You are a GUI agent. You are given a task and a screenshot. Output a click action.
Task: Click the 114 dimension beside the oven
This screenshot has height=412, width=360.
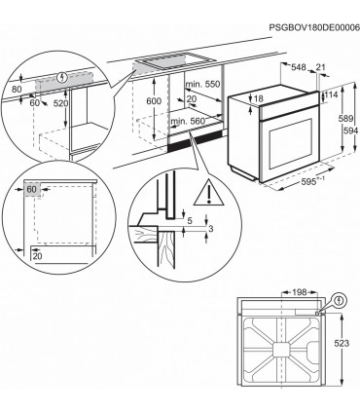coord(330,94)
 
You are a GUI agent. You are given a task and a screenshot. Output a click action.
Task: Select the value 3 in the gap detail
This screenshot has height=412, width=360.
coord(211,231)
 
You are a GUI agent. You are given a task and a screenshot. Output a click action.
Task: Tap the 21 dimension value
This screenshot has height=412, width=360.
coord(321,67)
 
